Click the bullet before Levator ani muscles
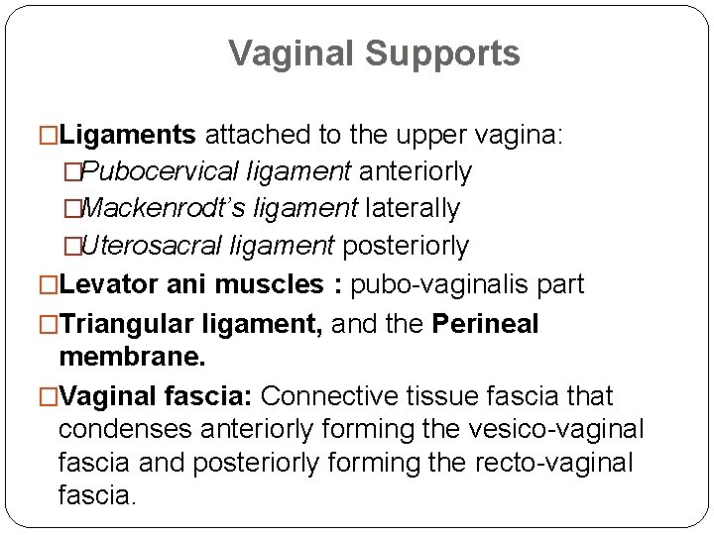(49, 286)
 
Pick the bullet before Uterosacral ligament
(71, 246)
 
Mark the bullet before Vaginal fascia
(49, 397)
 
